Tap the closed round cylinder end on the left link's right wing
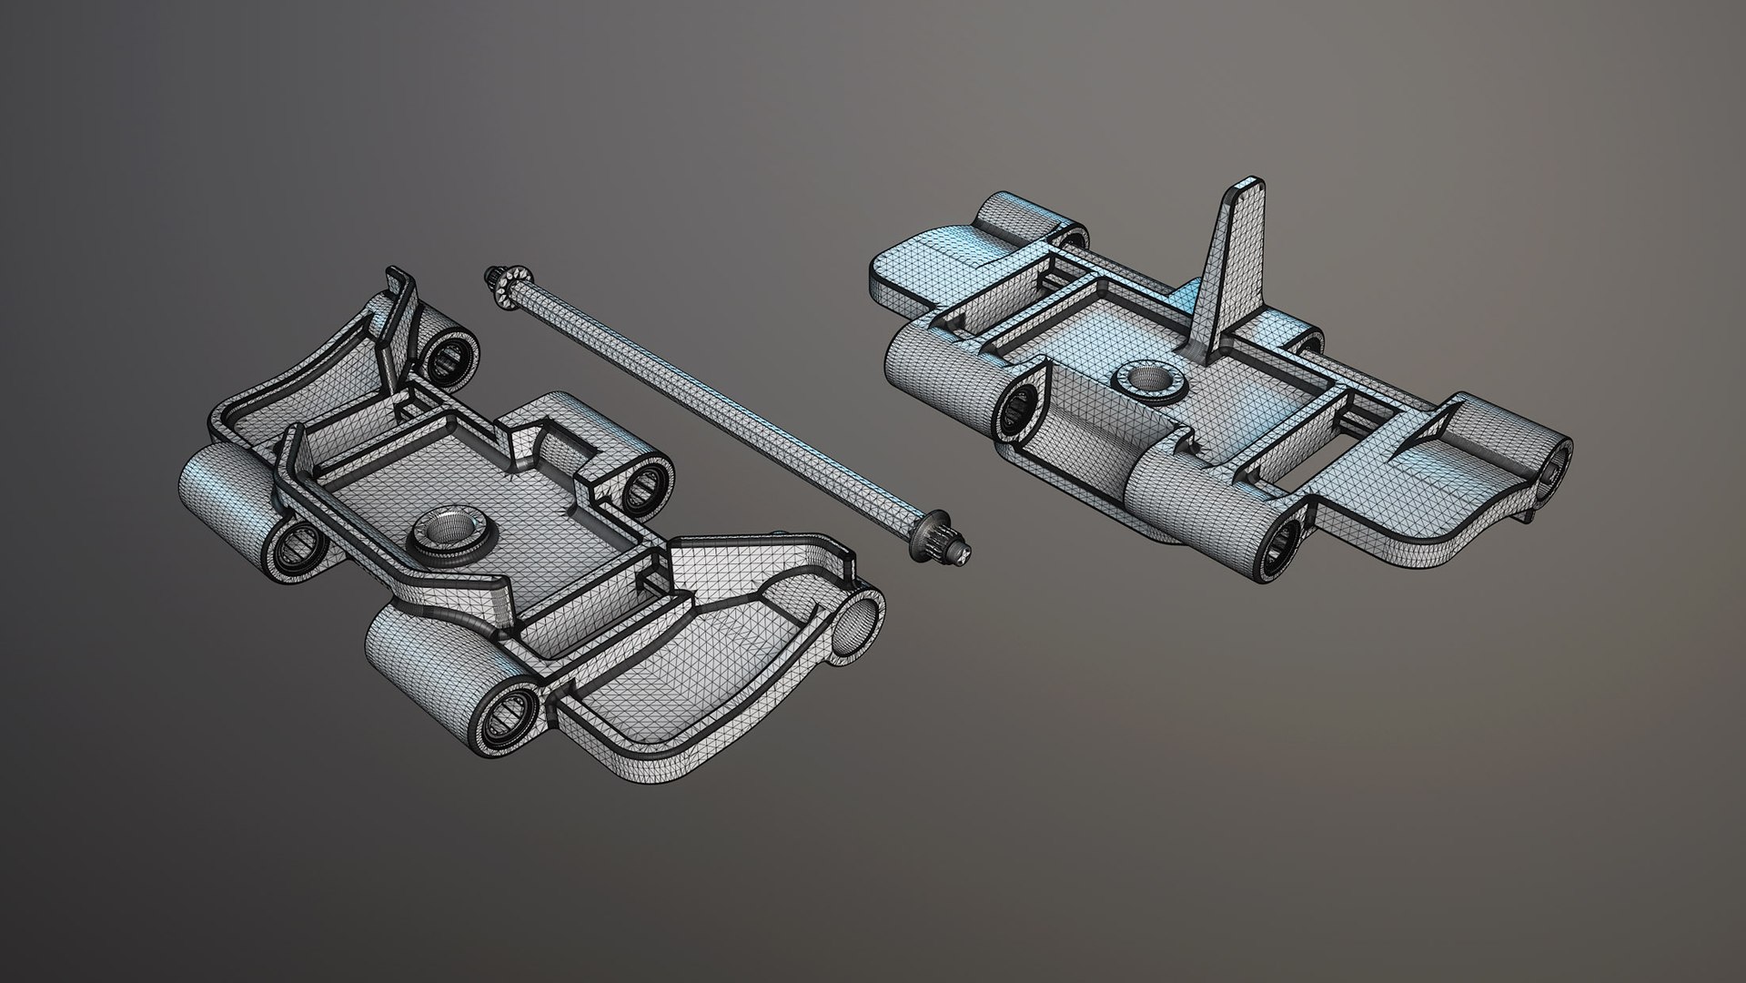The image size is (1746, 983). point(857,626)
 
